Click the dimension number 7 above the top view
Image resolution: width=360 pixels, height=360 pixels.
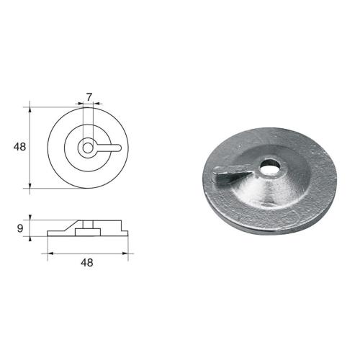88,96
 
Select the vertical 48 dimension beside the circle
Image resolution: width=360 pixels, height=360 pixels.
19,147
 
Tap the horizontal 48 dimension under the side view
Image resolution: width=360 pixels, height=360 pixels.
87,264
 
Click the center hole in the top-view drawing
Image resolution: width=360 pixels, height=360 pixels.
87,147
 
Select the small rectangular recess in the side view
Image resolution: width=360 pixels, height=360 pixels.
87,230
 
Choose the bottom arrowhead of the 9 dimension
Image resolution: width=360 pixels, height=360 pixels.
30,238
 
